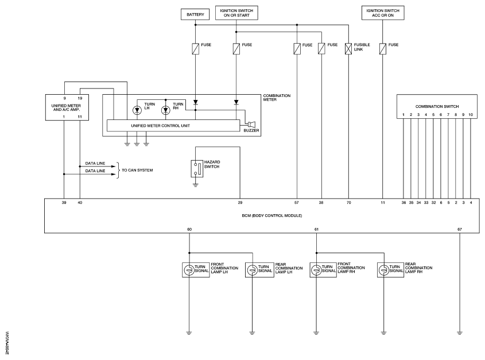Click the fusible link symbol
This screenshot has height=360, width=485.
348,49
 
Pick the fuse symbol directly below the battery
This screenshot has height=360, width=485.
195,49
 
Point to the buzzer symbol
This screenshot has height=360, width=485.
251,124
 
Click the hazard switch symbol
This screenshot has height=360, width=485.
197,169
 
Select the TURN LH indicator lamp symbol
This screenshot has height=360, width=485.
137,110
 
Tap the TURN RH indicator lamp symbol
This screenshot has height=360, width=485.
166,110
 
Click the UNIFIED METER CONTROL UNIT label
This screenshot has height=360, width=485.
160,126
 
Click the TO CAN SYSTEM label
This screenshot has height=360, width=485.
137,171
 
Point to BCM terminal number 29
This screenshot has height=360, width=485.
240,203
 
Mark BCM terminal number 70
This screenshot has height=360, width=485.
348,203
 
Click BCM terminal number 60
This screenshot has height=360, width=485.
189,229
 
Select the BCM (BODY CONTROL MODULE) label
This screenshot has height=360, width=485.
272,215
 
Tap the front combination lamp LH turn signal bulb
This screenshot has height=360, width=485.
188,270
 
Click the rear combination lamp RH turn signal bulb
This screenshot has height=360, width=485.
383,270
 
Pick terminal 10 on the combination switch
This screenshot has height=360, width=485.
471,114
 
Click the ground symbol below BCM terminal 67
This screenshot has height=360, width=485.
460,333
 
